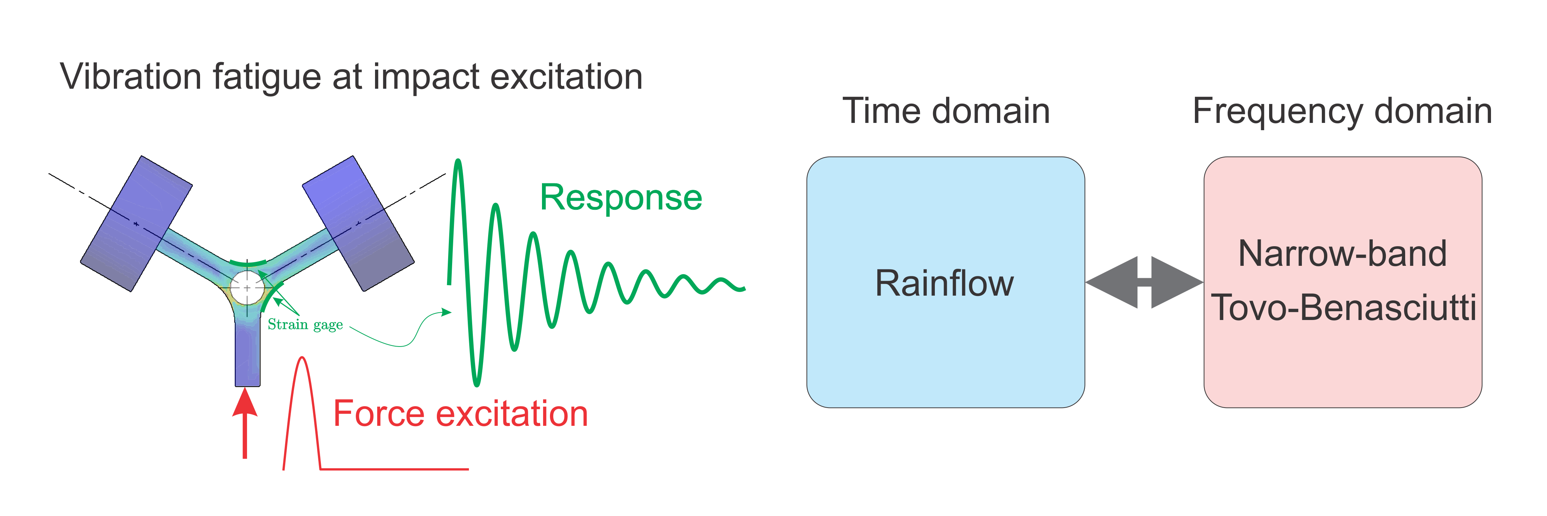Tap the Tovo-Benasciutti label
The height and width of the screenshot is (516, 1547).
(1343, 308)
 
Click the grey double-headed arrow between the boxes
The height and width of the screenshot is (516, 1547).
(1144, 282)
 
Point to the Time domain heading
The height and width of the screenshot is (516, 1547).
(946, 111)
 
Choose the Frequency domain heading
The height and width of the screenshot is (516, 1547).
(1342, 111)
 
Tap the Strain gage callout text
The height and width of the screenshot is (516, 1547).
(305, 325)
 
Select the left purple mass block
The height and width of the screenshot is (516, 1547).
(136, 224)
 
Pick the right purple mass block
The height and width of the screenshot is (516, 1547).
(358, 224)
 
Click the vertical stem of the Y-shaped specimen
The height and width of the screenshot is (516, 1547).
(247, 355)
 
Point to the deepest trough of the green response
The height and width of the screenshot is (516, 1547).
(476, 383)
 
